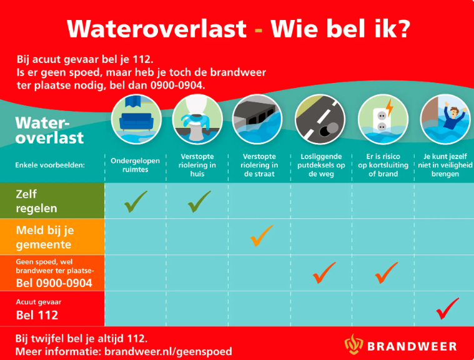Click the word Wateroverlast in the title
coord(157,28)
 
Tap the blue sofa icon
coord(136,118)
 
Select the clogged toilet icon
coord(197,119)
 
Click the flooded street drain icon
coord(258,119)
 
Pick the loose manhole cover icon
coord(320,119)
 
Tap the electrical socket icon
coord(382,119)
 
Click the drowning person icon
coord(444,119)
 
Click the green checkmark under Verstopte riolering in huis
coord(198,201)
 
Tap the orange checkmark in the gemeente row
coord(262,235)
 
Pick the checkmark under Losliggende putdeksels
coord(323,272)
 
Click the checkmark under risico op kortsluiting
coord(385,272)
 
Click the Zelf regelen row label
coord(36,200)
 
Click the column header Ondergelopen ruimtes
coord(135,165)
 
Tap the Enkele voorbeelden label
coord(49,165)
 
